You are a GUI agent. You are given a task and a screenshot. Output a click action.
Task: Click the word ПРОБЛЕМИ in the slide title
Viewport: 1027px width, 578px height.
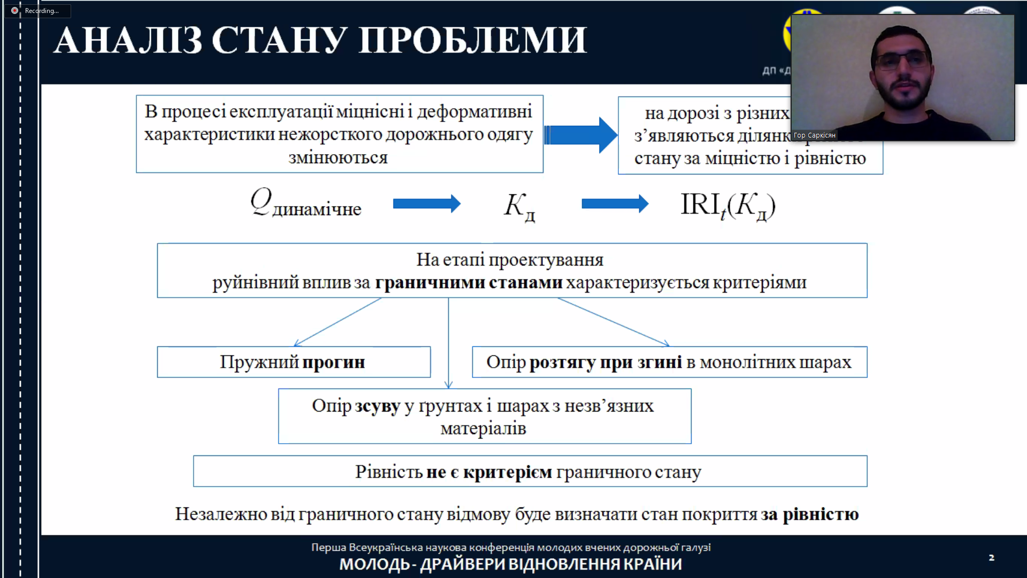(x=473, y=40)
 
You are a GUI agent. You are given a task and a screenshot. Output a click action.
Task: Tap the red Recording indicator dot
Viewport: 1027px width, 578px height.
(x=14, y=11)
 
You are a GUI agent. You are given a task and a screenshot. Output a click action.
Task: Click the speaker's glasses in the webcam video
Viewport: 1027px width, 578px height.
(x=902, y=60)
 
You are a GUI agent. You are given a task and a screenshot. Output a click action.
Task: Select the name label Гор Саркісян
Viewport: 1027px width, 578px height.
(x=814, y=135)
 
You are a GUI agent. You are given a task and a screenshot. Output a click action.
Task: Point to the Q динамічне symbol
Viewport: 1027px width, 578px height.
(x=305, y=204)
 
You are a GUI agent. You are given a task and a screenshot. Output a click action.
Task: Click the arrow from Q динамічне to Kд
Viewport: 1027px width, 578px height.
(x=426, y=203)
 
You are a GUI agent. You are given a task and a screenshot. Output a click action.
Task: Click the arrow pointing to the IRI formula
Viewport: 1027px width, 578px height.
(x=615, y=203)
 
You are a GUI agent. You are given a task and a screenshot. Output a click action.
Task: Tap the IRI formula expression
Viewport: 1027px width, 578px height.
(x=727, y=206)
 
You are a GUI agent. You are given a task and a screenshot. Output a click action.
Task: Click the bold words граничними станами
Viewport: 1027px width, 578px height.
(x=469, y=282)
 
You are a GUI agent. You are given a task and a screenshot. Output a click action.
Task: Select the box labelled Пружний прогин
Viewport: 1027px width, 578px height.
(x=293, y=362)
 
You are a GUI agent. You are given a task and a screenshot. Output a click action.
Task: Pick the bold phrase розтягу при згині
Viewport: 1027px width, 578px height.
(x=606, y=362)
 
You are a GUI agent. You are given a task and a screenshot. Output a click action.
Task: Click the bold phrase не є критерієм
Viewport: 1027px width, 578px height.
(x=489, y=472)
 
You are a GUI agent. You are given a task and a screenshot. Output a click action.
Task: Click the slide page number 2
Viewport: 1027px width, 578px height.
(x=991, y=558)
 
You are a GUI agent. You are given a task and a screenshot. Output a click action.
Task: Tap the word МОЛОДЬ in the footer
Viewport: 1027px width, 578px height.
(x=374, y=564)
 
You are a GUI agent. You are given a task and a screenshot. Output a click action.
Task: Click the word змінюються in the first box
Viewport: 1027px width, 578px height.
(x=338, y=158)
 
